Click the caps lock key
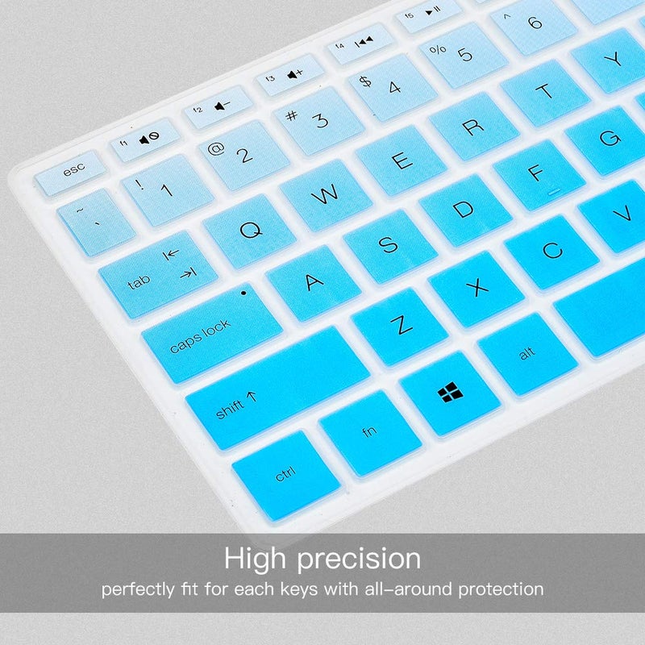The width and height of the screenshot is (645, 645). (x=211, y=332)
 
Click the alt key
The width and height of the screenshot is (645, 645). (x=526, y=352)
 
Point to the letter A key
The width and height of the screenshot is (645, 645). (x=314, y=281)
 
